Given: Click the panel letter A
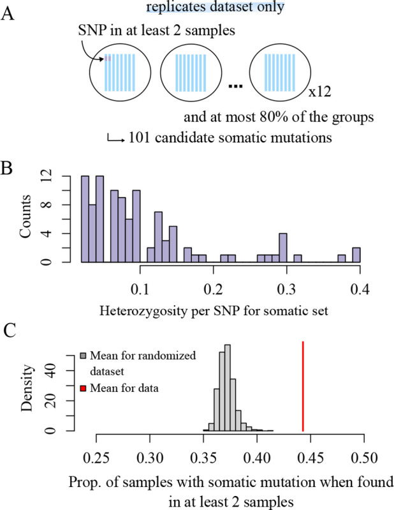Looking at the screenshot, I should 8,15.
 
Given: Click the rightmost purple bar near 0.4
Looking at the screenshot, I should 356,255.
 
